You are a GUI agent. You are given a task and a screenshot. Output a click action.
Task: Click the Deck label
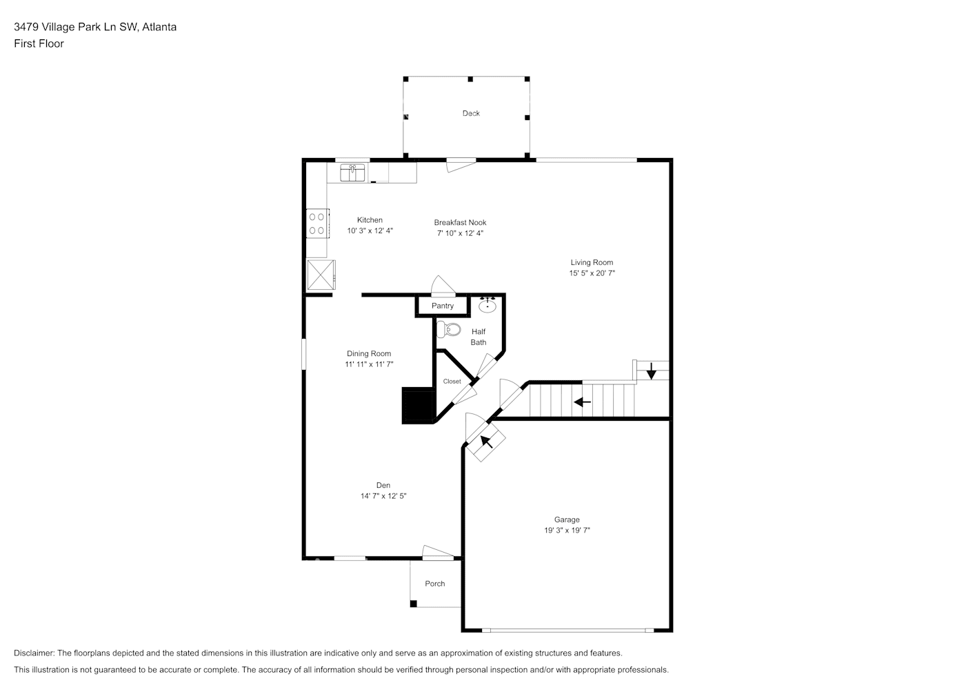(x=471, y=113)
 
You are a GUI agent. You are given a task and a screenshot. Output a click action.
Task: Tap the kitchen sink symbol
(x=352, y=172)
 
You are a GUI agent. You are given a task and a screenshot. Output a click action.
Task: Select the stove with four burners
(x=316, y=224)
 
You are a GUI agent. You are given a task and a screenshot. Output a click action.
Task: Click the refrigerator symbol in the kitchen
(x=321, y=275)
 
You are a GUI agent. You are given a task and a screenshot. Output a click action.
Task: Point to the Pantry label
(x=443, y=306)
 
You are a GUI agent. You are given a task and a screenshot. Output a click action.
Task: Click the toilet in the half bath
(x=449, y=329)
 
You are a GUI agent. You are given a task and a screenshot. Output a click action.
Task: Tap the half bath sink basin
(x=487, y=304)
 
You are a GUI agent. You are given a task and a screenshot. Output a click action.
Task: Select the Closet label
(x=452, y=382)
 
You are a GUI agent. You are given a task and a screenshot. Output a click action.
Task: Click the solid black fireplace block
(x=416, y=405)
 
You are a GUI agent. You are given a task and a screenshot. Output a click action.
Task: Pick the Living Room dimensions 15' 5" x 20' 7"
(x=592, y=273)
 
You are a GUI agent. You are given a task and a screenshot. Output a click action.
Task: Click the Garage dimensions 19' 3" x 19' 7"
(x=567, y=531)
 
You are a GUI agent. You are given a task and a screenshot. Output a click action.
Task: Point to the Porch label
(x=435, y=584)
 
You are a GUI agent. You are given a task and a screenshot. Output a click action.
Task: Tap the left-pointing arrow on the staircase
(x=583, y=402)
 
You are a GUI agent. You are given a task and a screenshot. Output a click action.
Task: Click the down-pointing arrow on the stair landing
(x=651, y=371)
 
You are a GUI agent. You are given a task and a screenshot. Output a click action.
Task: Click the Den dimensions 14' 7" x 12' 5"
(x=383, y=496)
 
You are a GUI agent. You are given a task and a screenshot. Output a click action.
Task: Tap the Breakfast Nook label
(x=460, y=222)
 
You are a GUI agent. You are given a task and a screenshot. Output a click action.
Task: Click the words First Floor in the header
(x=39, y=43)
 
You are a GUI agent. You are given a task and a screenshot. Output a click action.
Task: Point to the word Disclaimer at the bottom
(x=34, y=653)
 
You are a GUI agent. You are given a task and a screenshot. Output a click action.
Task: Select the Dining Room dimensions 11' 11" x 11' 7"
(x=369, y=364)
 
